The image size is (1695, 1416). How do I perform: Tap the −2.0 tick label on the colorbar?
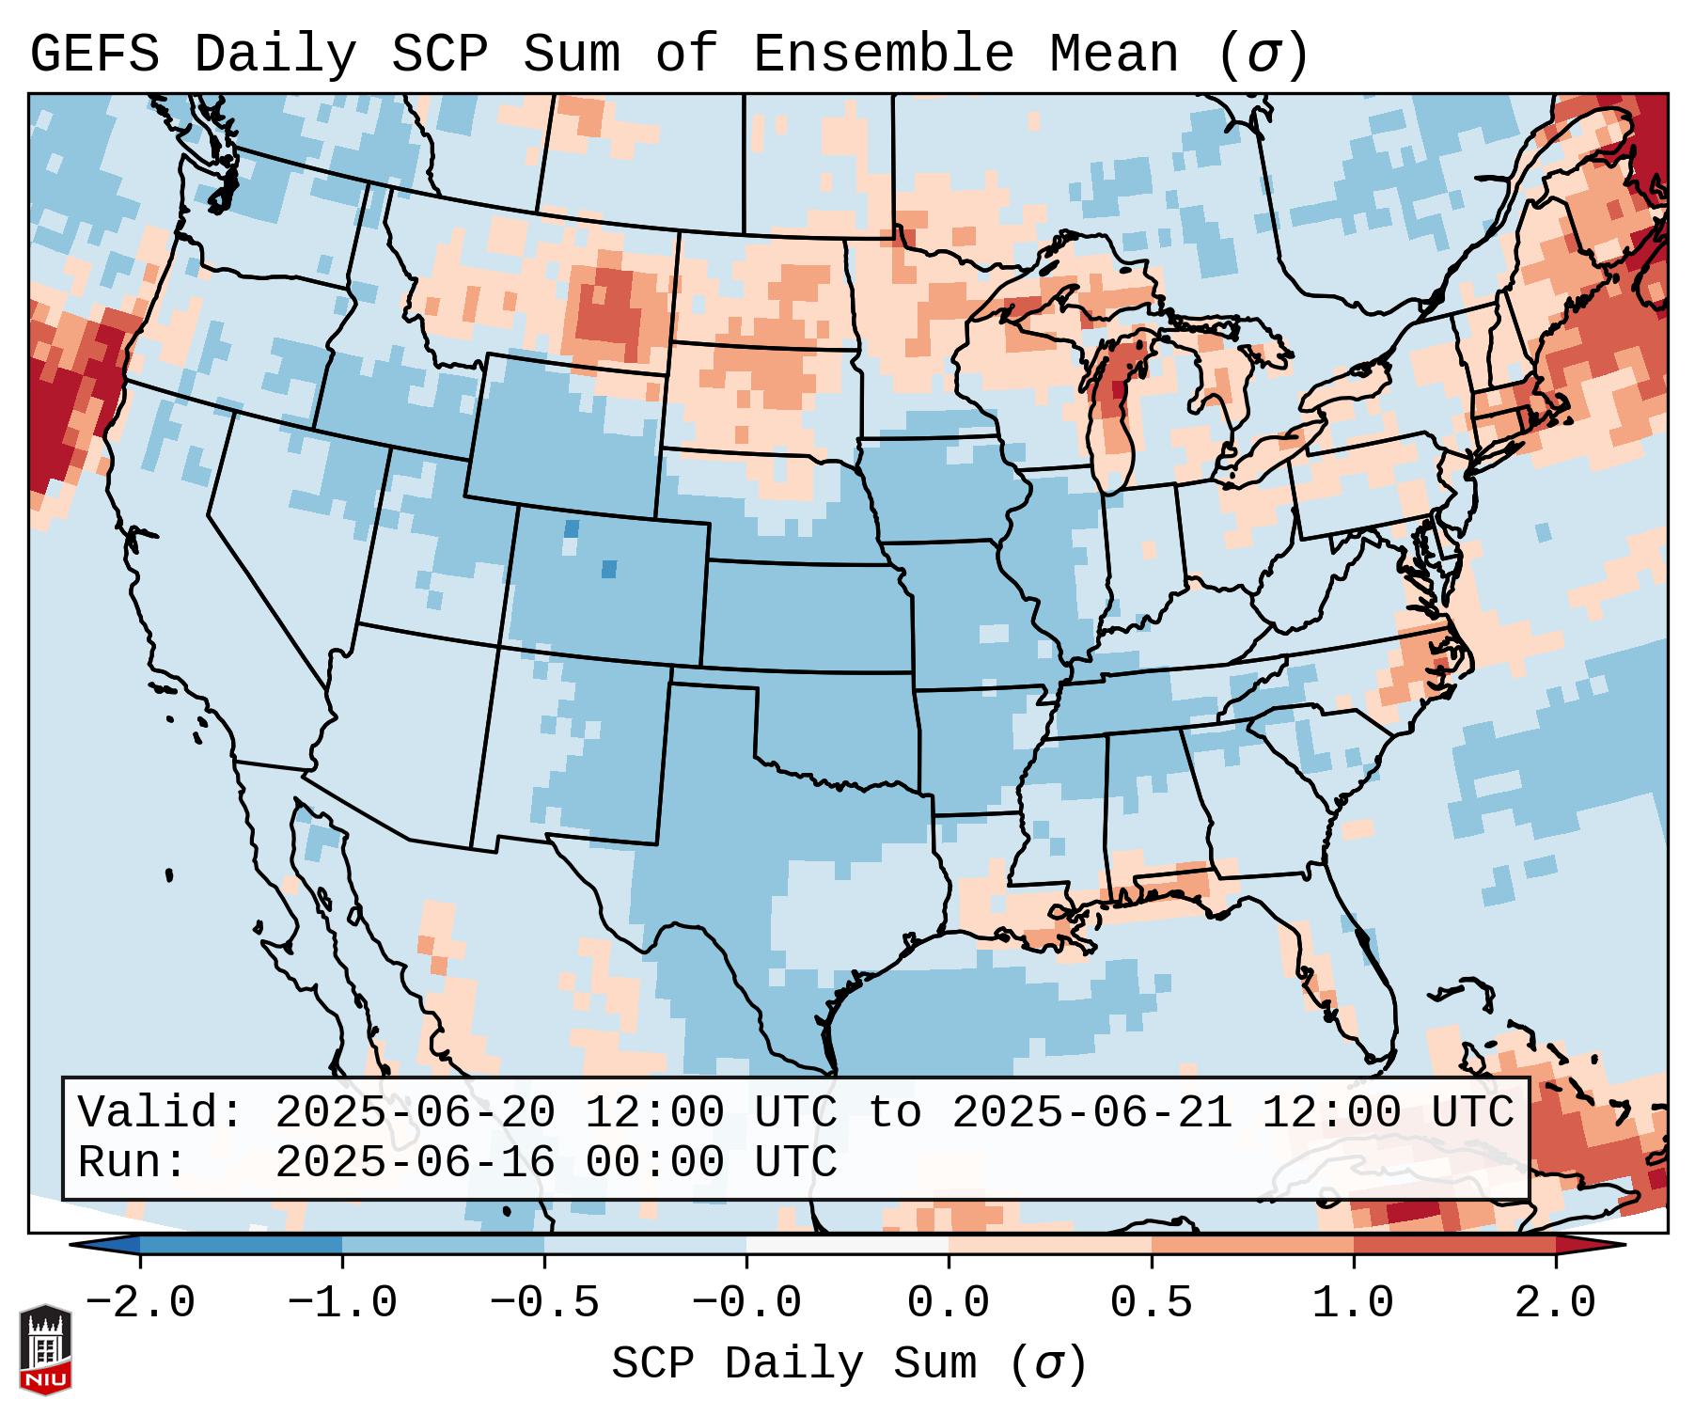click(139, 1303)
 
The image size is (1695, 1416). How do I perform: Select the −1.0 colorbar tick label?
click(342, 1303)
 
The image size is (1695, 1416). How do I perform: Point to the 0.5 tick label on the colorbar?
click(1152, 1303)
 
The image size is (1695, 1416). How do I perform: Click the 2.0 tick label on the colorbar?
click(1556, 1303)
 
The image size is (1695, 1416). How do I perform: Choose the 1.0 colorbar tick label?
click(1354, 1303)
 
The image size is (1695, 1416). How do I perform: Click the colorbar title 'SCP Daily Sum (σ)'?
click(849, 1364)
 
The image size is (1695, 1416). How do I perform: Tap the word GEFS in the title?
click(94, 55)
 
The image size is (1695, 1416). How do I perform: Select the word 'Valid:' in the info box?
click(161, 1113)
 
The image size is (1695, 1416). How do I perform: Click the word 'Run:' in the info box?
click(133, 1163)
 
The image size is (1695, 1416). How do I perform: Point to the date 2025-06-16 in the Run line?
click(416, 1163)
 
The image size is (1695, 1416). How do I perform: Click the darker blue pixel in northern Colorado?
click(571, 529)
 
